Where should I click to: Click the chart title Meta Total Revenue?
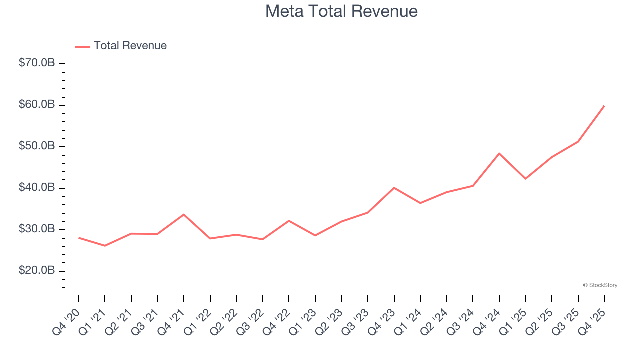point(341,11)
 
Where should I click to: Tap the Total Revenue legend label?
point(130,46)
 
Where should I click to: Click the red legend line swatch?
point(82,46)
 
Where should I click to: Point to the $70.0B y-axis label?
point(37,63)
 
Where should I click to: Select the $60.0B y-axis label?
point(37,105)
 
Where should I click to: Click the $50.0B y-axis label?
point(37,146)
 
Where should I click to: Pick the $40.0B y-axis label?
point(37,188)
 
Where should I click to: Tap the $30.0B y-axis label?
point(37,229)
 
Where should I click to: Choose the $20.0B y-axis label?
point(37,271)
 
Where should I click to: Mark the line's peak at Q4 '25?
point(604,106)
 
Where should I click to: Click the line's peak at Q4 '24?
point(499,153)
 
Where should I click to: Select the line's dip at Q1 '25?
point(525,179)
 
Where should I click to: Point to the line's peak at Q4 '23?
point(394,188)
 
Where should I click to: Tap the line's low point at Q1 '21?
point(105,246)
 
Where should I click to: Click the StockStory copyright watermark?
point(600,285)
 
